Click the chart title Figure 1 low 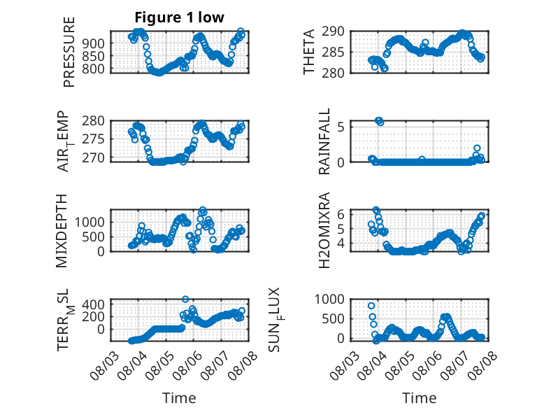[x=180, y=17]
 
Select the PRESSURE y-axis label [x=69, y=52]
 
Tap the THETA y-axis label [x=308, y=52]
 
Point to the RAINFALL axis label [x=324, y=141]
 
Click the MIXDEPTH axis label [x=61, y=231]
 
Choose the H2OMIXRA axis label [x=324, y=230]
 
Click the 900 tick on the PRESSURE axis [x=93, y=43]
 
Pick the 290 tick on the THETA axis [x=333, y=31]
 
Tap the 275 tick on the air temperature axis [x=93, y=139]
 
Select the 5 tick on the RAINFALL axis [x=341, y=127]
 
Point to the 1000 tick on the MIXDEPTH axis [x=90, y=223]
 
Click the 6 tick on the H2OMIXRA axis [x=341, y=214]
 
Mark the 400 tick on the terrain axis [x=93, y=304]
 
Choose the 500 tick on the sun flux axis [x=333, y=318]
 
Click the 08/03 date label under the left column [x=104, y=365]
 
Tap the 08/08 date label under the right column [x=482, y=365]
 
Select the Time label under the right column [x=419, y=398]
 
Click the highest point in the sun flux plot [x=371, y=306]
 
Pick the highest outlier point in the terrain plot [x=185, y=300]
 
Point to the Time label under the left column [x=179, y=398]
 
